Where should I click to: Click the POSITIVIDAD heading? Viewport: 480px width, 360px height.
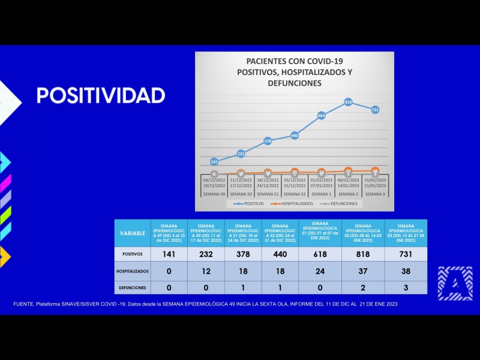tap(101, 95)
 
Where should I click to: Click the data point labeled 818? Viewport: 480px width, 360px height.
tap(348, 103)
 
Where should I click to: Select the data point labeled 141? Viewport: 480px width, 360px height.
tap(214, 162)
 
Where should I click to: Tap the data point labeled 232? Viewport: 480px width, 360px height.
tap(241, 154)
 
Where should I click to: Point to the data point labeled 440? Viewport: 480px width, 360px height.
tap(295, 136)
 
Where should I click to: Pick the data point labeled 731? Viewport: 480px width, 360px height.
tap(375, 110)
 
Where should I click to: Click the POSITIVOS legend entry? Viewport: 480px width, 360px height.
tap(247, 203)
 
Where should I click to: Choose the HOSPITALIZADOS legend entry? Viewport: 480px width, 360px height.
tap(292, 203)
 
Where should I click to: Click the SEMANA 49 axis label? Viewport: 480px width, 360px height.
tap(214, 194)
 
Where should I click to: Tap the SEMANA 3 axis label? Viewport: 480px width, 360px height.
tap(375, 194)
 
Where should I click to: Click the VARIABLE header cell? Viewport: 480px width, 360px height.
tap(133, 233)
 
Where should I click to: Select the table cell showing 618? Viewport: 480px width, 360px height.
tap(320, 254)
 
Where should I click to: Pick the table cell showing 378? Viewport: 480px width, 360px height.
tap(243, 254)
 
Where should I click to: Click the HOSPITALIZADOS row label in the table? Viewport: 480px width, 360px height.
tap(133, 271)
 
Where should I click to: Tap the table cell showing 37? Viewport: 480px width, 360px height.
tap(363, 271)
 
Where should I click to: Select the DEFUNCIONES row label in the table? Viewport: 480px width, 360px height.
tap(133, 287)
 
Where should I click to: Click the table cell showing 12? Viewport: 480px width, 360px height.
tap(206, 271)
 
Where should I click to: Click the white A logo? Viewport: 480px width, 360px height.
tap(455, 283)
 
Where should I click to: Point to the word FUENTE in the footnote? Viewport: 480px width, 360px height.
tap(24, 304)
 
